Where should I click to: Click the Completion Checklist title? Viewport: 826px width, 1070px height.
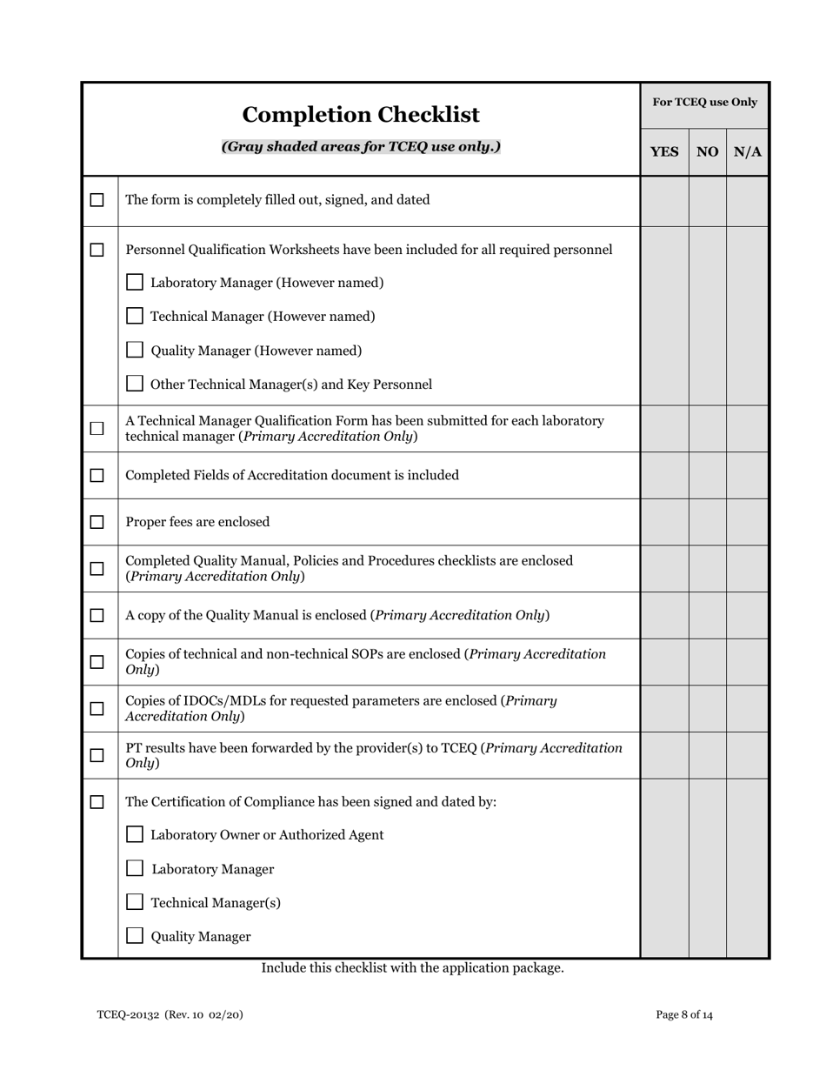coord(360,115)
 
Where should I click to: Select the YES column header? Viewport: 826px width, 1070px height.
coord(664,152)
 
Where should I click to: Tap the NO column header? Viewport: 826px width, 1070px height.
coord(707,152)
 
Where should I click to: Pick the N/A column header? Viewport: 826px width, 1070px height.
coord(747,152)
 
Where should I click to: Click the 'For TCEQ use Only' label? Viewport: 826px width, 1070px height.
coord(704,103)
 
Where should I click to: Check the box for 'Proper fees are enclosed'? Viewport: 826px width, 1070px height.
coord(97,522)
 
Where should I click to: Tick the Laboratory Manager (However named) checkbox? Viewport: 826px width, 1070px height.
coord(135,282)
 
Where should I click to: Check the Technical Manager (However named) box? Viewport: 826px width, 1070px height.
coord(135,316)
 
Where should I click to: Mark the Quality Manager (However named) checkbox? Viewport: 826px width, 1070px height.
coord(135,350)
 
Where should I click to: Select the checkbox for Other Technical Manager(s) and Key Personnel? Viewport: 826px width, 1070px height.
coord(135,384)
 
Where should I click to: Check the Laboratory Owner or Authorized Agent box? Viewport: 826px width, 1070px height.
coord(135,834)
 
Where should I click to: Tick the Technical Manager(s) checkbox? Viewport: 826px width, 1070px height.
coord(135,902)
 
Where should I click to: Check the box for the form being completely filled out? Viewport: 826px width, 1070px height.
coord(97,200)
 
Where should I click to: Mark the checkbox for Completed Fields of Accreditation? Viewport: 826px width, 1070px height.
coord(97,475)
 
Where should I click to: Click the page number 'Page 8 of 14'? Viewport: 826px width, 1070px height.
coord(684,1014)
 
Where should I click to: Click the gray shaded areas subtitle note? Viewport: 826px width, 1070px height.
coord(361,146)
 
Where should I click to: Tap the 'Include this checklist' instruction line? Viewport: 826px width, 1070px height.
coord(412,967)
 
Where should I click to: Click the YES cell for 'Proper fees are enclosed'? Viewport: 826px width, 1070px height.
coord(664,522)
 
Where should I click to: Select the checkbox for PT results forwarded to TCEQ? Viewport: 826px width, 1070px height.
coord(97,755)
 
